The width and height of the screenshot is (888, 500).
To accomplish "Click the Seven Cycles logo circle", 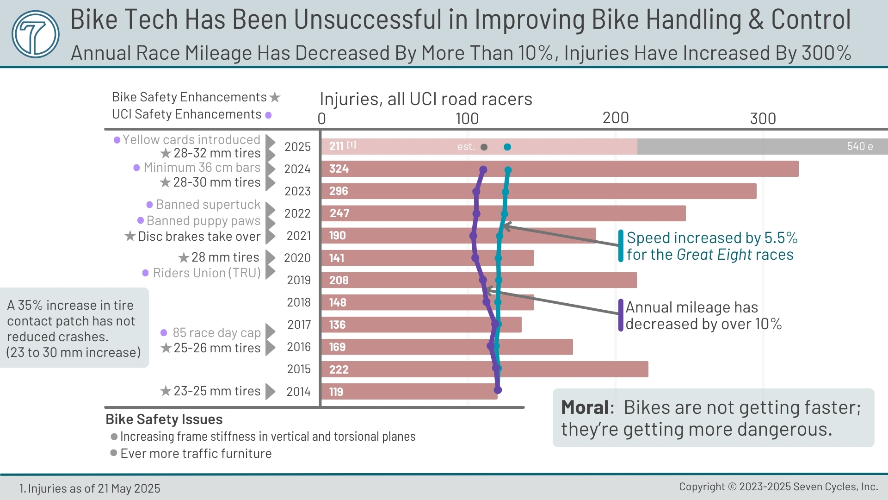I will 36,34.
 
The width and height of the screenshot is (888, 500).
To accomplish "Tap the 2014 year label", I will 298,392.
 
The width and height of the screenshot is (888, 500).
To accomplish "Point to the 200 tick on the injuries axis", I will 615,119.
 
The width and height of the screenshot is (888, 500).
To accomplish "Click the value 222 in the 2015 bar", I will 339,369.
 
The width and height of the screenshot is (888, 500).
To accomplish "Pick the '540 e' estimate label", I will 859,146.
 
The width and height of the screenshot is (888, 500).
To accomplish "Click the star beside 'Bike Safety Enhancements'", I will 275,97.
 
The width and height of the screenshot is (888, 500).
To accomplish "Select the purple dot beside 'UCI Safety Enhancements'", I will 268,115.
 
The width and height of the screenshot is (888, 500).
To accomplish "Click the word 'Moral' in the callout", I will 585,407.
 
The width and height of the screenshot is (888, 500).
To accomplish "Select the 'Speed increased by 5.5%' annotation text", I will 711,238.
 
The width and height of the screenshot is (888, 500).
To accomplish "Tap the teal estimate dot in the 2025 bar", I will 507,147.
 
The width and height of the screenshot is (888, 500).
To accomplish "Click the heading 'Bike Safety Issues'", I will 164,419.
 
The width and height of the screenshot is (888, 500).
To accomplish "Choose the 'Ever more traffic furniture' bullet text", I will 196,453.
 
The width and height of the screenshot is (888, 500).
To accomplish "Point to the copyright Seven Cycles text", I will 778,487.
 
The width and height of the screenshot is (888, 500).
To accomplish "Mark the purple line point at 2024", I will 483,170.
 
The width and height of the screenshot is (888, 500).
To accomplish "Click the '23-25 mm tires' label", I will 216,391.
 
